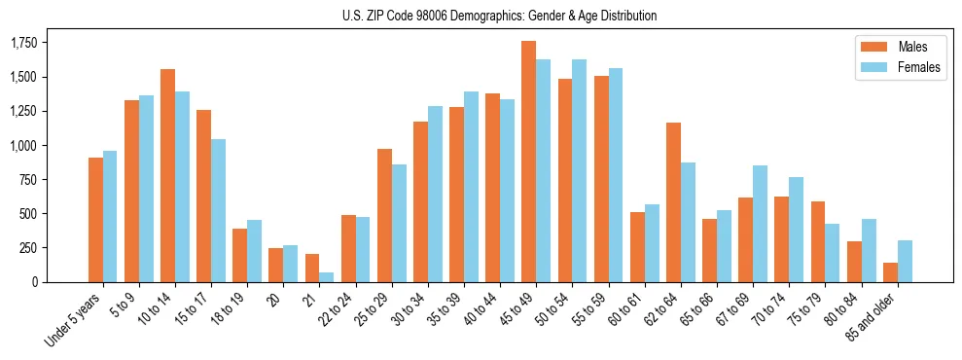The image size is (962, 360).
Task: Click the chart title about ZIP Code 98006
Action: [499, 16]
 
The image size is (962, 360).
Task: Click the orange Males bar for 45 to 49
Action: [528, 162]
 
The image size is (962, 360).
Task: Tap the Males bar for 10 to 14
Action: [167, 175]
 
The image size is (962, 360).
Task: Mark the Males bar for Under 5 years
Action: [95, 220]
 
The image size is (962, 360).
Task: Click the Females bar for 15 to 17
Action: [218, 210]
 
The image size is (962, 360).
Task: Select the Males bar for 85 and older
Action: [890, 271]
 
